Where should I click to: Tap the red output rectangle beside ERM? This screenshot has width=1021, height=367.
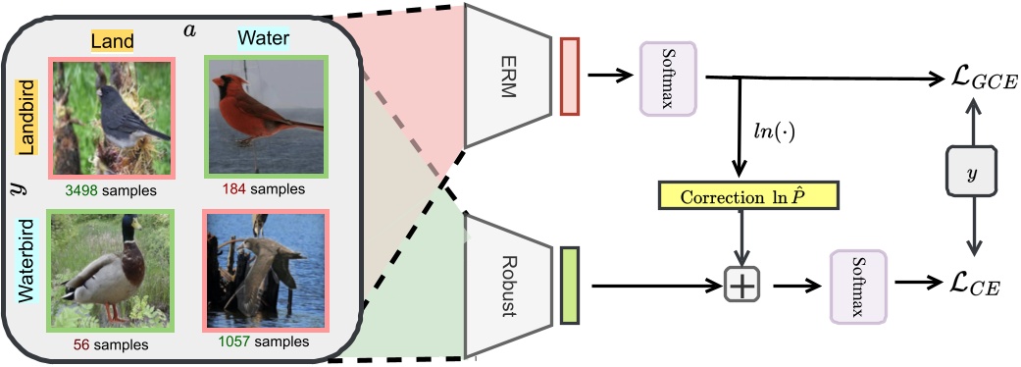pyautogui.click(x=570, y=76)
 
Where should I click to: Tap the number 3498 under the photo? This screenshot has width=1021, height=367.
pyautogui.click(x=79, y=188)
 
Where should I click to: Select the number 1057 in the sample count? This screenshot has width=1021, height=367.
pyautogui.click(x=237, y=343)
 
